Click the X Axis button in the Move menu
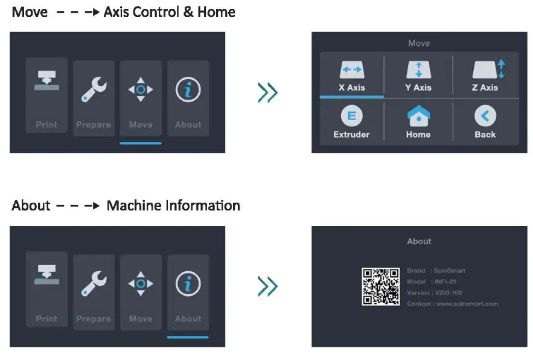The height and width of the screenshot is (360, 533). (351, 76)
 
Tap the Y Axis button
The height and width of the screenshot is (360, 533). (418, 76)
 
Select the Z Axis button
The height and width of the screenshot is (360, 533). (485, 76)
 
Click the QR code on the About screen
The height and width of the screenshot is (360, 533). (381, 287)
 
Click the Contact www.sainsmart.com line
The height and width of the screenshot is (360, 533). (452, 304)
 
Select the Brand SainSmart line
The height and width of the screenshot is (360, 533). (436, 271)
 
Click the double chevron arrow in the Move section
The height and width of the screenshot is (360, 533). (267, 92)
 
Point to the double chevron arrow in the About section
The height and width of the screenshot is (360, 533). (267, 286)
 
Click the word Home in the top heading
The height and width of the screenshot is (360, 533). (215, 11)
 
